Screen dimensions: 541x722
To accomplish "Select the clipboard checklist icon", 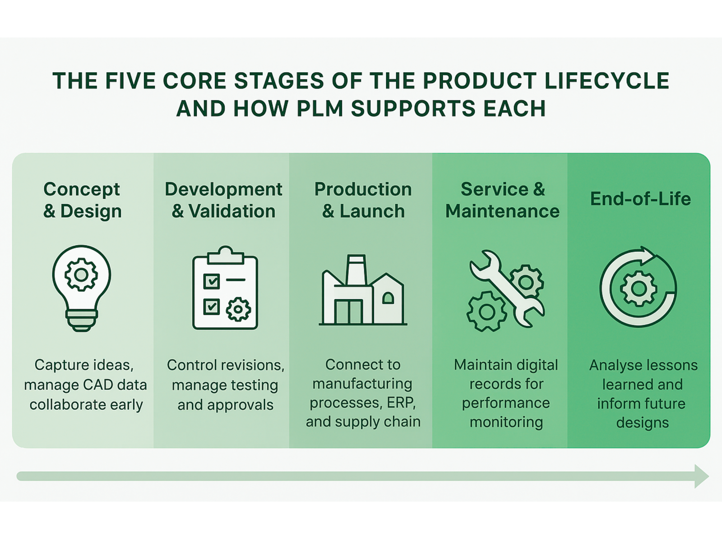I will pyautogui.click(x=225, y=289).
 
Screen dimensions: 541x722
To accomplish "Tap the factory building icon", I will pyautogui.click(x=363, y=291).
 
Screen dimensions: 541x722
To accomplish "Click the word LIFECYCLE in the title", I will pyautogui.click(x=606, y=81).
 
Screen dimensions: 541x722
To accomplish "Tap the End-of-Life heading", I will pyautogui.click(x=640, y=199).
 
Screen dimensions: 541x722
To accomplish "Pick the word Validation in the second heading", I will pyautogui.click(x=232, y=211).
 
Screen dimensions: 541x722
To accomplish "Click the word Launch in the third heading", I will pyautogui.click(x=372, y=211).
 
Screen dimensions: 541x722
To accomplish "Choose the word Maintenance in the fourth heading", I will pyautogui.click(x=502, y=211).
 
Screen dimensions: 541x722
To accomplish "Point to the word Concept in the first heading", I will pyautogui.click(x=82, y=189).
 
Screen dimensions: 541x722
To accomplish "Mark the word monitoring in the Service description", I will pyautogui.click(x=506, y=422).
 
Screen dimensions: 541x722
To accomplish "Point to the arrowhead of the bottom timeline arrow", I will pyautogui.click(x=701, y=476).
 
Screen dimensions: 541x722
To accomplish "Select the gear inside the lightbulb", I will pyautogui.click(x=81, y=275).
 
